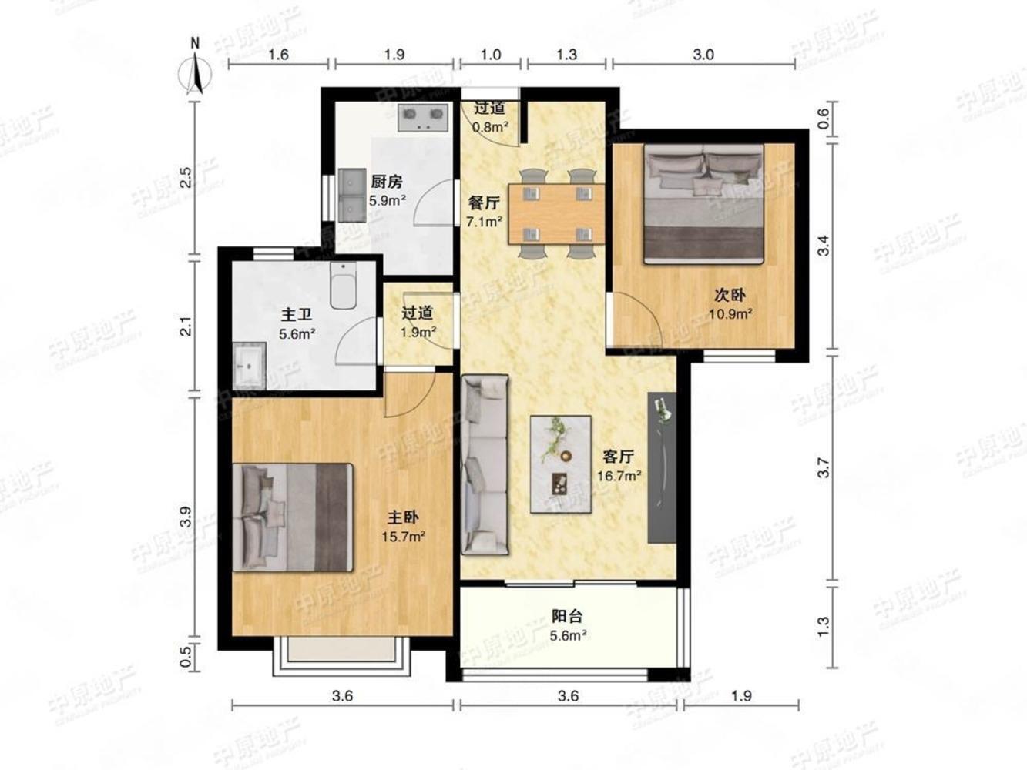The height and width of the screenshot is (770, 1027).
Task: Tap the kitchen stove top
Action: coord(423,118)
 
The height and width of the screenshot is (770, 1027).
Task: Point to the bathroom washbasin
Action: coord(250,367)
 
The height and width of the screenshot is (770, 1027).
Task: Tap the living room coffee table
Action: coord(561,464)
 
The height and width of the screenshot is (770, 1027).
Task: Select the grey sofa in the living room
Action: coord(485,464)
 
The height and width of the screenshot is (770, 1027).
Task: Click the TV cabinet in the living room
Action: coord(662,468)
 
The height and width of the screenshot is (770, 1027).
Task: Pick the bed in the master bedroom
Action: coord(293,517)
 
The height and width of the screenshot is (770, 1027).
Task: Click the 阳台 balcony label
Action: coord(567,616)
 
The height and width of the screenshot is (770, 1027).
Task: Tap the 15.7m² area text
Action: coord(404,537)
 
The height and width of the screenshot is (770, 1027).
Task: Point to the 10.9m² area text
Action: coord(730,313)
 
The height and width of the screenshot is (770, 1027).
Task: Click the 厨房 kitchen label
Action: coord(387,182)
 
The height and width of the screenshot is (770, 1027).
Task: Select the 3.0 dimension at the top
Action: coord(703,55)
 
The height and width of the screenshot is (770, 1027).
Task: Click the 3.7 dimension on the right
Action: coord(824,467)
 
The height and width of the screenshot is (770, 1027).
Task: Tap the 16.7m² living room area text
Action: coord(619,476)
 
